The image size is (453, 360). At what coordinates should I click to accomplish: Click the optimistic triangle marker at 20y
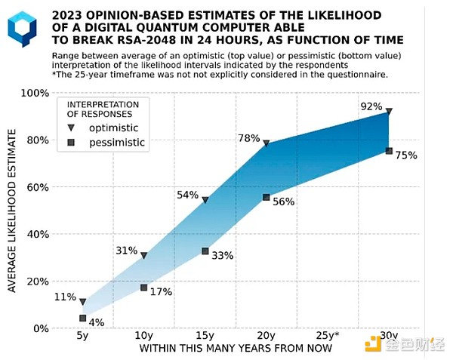point(267,142)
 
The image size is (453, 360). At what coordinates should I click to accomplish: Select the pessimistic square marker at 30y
point(389,151)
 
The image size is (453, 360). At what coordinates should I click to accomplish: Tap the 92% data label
point(371,106)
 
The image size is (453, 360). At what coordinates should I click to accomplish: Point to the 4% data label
point(97,323)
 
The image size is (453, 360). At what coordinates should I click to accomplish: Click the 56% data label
point(284,202)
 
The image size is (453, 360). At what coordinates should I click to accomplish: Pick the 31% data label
point(126,251)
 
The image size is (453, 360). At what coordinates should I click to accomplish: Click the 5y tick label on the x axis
point(82,335)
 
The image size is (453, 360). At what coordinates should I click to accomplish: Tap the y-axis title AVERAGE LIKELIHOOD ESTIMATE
point(14,210)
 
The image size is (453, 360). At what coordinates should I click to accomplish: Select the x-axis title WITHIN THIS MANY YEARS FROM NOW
point(235,349)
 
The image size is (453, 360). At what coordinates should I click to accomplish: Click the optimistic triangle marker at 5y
point(82,303)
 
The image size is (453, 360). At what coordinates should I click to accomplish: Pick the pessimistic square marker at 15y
point(205,251)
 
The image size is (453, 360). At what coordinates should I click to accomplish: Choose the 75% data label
point(406,155)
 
